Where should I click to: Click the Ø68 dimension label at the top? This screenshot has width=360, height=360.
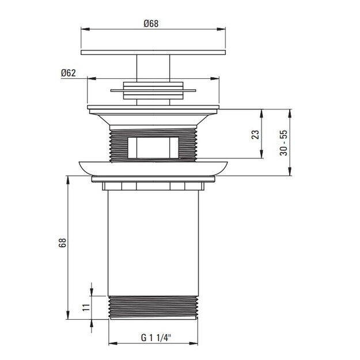pyautogui.click(x=151, y=24)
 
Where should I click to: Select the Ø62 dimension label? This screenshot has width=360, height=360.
pyautogui.click(x=68, y=73)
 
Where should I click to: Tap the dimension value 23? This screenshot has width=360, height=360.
pyautogui.click(x=255, y=134)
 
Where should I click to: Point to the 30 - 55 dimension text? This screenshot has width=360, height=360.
pyautogui.click(x=283, y=143)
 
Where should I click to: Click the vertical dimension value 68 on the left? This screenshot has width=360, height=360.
pyautogui.click(x=62, y=242)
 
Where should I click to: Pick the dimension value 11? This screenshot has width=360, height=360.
pyautogui.click(x=86, y=307)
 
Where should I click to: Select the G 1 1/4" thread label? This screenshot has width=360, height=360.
pyautogui.click(x=156, y=338)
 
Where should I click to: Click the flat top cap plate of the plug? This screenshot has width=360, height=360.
pyautogui.click(x=153, y=52)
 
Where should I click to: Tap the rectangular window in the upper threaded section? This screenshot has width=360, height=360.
pyautogui.click(x=153, y=148)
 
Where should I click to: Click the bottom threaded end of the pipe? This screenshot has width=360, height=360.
pyautogui.click(x=153, y=308)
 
